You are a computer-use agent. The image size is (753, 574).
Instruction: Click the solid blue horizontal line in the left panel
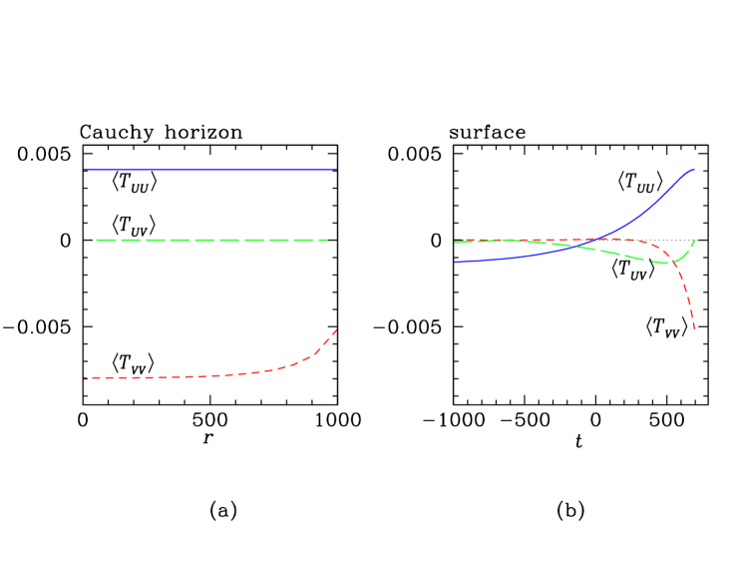tap(209, 170)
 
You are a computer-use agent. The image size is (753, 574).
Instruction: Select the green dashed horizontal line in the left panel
tap(209, 240)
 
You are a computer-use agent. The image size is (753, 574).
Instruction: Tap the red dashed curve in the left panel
tap(199, 376)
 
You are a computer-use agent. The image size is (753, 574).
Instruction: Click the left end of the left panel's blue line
tap(85, 170)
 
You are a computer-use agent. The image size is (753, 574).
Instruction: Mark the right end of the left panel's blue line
tap(336, 170)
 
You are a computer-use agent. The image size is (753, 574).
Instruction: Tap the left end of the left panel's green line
tap(85, 240)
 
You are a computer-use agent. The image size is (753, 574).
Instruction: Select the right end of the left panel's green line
tap(336, 240)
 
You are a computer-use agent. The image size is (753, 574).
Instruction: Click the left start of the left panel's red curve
tap(85, 377)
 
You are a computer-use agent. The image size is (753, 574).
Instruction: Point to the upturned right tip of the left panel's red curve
tap(336, 329)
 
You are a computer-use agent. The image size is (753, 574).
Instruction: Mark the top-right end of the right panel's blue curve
tap(694, 170)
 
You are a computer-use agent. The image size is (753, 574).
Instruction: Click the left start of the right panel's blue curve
tap(455, 262)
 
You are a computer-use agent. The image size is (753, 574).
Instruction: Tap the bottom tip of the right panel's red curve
tap(694, 329)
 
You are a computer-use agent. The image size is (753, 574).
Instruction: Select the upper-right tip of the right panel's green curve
tap(694, 240)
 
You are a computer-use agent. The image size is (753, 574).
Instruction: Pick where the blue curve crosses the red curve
tap(596, 240)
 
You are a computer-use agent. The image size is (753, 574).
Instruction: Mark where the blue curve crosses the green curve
tap(576, 247)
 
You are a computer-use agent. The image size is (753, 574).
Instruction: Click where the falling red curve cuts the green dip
tap(677, 262)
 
